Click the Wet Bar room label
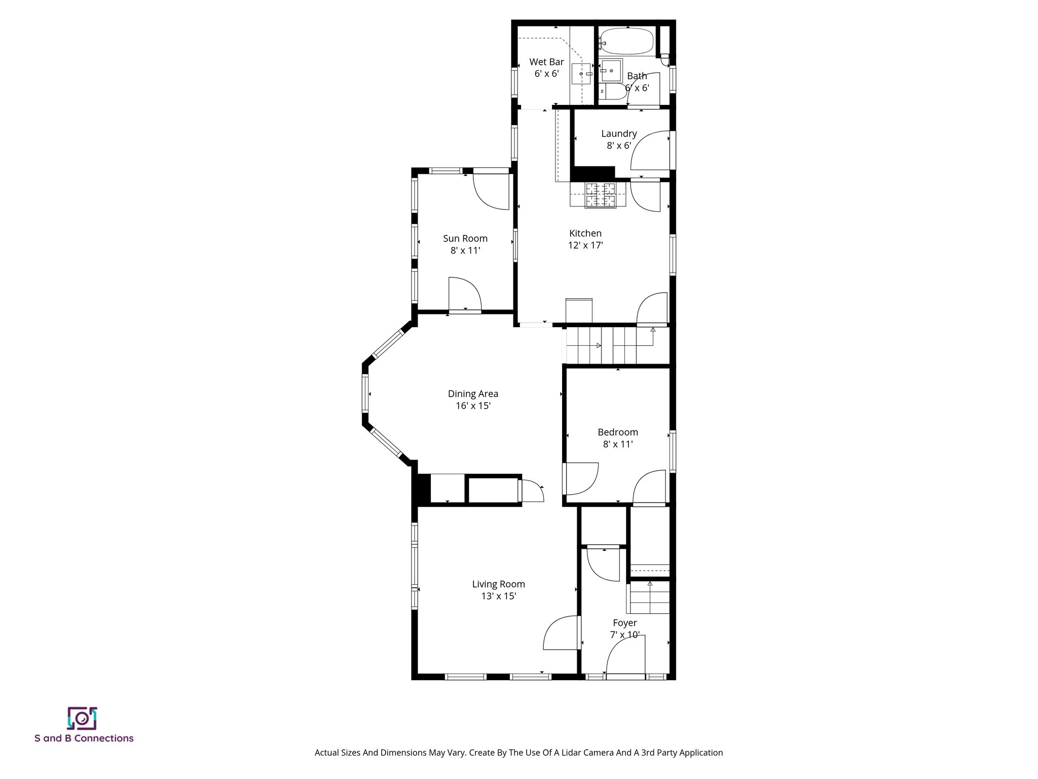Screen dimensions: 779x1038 (x=546, y=62)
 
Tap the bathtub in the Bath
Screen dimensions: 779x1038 (x=626, y=41)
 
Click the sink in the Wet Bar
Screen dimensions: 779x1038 (x=581, y=74)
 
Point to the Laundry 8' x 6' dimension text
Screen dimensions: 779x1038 (x=619, y=146)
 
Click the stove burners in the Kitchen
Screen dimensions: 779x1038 (x=601, y=195)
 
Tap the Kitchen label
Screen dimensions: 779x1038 (x=585, y=233)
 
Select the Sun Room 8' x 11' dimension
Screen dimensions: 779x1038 (x=465, y=251)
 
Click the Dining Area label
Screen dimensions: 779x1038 (x=473, y=394)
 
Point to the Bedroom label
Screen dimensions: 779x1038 (x=617, y=432)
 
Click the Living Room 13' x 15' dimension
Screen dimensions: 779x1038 (x=499, y=596)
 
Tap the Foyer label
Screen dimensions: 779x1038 (x=624, y=623)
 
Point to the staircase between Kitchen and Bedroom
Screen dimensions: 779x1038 (x=608, y=345)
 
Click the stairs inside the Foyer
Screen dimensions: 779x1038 (x=650, y=598)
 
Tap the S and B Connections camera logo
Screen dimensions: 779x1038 (x=82, y=718)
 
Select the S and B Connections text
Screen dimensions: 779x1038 (x=84, y=738)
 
